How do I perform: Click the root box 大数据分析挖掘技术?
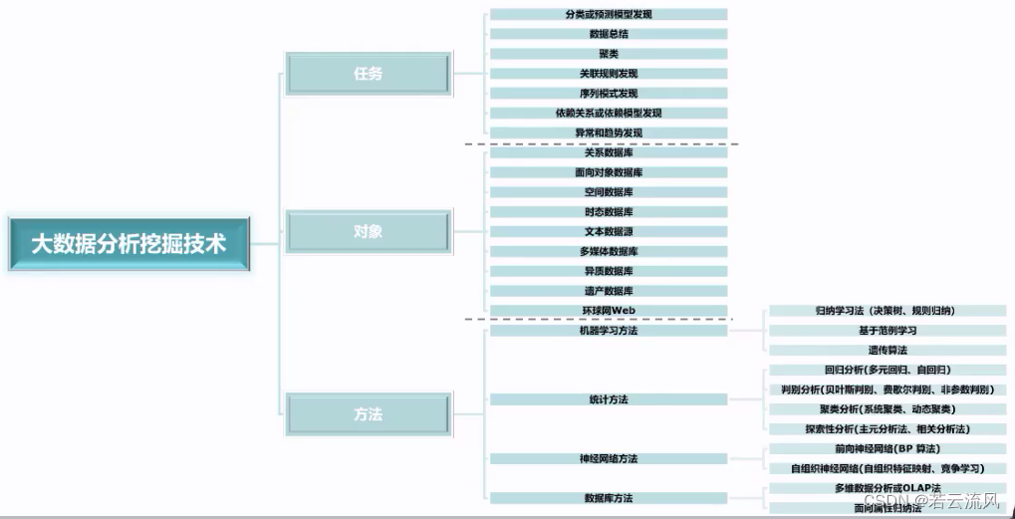[x=128, y=243]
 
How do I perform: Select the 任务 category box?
[x=368, y=74]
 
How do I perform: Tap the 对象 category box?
[x=368, y=231]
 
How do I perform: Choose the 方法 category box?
[x=368, y=413]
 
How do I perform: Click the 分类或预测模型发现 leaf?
[x=609, y=14]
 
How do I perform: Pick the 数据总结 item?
[x=609, y=34]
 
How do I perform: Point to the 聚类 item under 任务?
[x=609, y=54]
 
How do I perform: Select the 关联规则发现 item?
[x=609, y=74]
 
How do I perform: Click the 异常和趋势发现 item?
[x=609, y=132]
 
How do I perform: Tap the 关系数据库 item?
[x=609, y=152]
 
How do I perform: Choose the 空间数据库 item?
[x=609, y=192]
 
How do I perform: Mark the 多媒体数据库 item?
[x=609, y=251]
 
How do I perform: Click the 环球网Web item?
[x=609, y=310]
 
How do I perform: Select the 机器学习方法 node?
[x=609, y=330]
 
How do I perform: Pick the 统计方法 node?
[x=609, y=399]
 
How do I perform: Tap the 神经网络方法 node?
[x=609, y=458]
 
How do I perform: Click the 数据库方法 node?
[x=609, y=497]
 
